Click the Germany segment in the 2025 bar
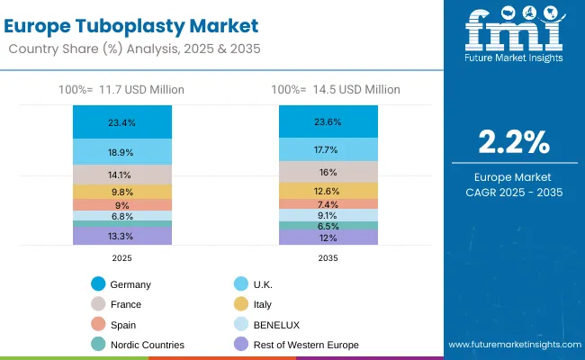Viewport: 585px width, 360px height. coord(122,122)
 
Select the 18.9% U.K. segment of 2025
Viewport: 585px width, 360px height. coord(122,152)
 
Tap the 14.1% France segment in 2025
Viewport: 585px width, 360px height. coord(122,175)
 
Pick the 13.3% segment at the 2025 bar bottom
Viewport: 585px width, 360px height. coord(122,236)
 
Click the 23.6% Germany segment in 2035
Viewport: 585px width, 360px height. coord(328,121)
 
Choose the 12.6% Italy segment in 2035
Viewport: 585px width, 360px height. coord(328,190)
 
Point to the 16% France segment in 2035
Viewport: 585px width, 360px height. coord(328,172)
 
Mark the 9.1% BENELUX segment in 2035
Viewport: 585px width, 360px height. coord(328,215)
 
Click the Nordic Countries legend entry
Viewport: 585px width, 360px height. coord(148,344)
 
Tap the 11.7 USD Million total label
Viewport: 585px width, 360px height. coord(122,89)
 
